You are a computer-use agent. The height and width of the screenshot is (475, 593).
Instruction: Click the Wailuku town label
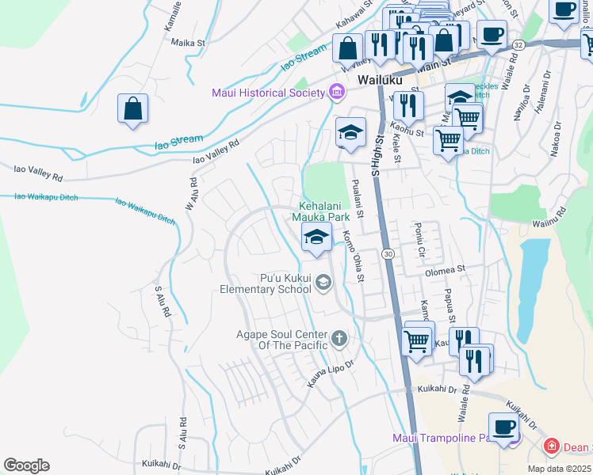click(x=380, y=80)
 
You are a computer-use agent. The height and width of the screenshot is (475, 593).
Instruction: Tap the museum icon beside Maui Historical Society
click(x=337, y=93)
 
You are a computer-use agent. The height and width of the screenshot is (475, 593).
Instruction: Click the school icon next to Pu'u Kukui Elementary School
click(x=323, y=282)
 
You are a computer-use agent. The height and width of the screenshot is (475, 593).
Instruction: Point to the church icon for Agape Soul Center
click(x=339, y=340)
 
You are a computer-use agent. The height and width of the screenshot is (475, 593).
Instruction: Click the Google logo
click(x=26, y=465)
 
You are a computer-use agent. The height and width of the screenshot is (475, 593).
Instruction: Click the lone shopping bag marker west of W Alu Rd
click(x=132, y=108)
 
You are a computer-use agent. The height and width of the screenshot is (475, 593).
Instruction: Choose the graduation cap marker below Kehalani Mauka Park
click(x=316, y=237)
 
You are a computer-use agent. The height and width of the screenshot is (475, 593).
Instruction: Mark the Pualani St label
click(x=357, y=199)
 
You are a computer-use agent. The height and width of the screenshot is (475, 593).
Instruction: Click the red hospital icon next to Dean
click(x=551, y=447)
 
